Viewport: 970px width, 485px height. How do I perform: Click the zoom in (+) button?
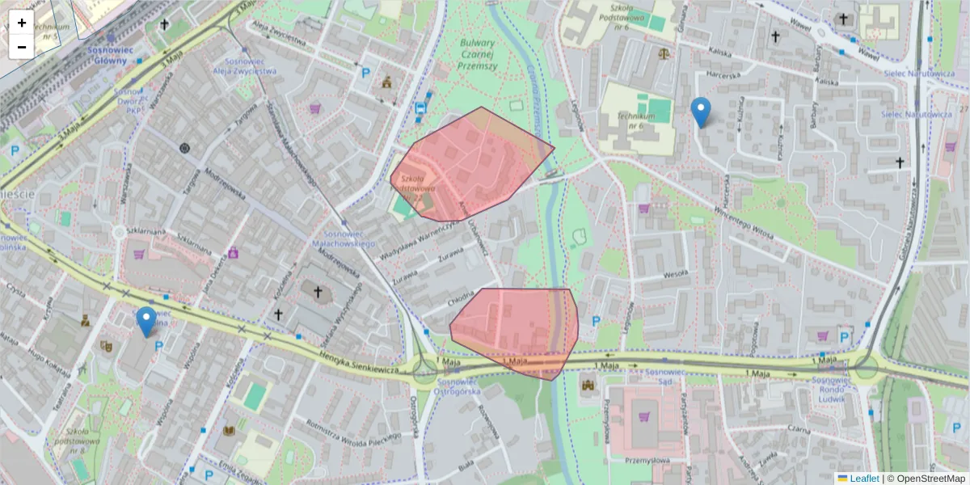(x=22, y=23)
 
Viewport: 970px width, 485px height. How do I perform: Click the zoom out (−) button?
(x=22, y=47)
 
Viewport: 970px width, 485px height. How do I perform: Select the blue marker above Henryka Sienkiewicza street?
(x=146, y=322)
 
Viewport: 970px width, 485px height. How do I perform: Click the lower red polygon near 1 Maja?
(x=517, y=327)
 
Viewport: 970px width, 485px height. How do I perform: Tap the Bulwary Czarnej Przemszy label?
(x=476, y=55)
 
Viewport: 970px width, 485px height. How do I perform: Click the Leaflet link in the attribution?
(x=864, y=479)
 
